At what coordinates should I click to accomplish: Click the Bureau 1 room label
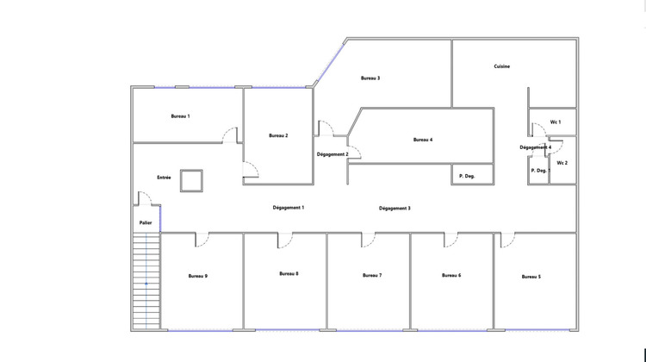(x=180, y=115)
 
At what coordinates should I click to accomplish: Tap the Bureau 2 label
(x=277, y=135)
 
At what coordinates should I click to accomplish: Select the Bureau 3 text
(x=370, y=78)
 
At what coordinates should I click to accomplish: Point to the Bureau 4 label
(x=422, y=140)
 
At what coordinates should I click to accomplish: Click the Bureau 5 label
(x=531, y=277)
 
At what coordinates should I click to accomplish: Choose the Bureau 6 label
(x=451, y=275)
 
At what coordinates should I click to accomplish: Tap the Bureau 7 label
(x=372, y=275)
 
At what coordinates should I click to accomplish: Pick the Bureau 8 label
(x=289, y=274)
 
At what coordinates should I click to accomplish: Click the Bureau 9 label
(x=198, y=276)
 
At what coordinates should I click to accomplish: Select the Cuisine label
(x=502, y=66)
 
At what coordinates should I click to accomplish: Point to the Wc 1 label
(x=556, y=122)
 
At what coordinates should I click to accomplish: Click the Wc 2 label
(x=562, y=163)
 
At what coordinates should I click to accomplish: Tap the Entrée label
(x=164, y=178)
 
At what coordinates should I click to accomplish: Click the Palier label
(x=146, y=223)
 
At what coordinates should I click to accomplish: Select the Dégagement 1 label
(x=289, y=208)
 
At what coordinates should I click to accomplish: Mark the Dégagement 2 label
(x=332, y=154)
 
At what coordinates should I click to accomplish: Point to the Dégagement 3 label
(x=394, y=209)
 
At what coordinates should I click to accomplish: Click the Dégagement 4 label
(x=536, y=147)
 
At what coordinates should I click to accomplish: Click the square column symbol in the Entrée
(x=191, y=180)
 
